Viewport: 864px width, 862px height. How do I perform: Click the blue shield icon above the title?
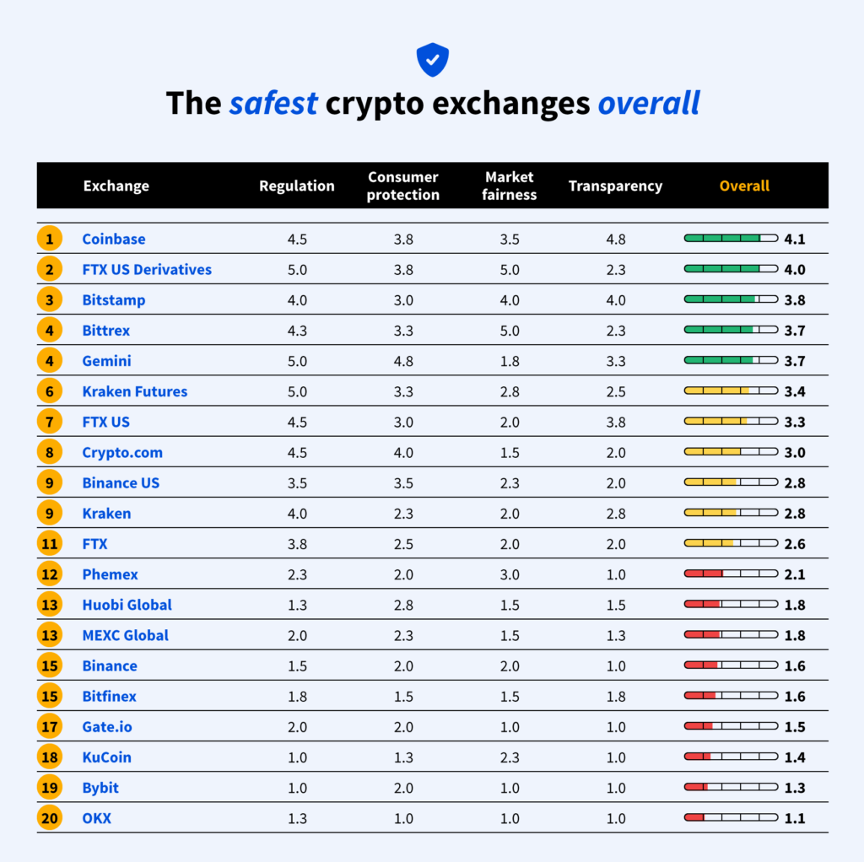coord(432,60)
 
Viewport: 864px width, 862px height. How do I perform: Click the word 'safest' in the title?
coord(273,103)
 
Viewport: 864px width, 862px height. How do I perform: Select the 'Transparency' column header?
coord(615,186)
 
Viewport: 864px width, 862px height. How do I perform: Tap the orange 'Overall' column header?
coord(744,186)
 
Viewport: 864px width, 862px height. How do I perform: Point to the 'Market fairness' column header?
coord(510,186)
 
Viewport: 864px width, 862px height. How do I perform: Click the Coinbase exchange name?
coord(114,240)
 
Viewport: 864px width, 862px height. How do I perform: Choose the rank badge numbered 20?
coord(50,818)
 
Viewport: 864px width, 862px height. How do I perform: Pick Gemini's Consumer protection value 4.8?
coord(403,361)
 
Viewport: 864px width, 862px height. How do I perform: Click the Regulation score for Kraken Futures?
coord(297,391)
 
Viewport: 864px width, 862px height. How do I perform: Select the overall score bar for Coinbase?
coord(731,239)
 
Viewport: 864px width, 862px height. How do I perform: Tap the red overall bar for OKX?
coord(731,817)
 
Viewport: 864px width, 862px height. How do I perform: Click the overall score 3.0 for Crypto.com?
coord(794,453)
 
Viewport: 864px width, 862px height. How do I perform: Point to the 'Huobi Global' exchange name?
coord(127,605)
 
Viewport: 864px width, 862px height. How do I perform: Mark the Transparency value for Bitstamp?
coord(615,300)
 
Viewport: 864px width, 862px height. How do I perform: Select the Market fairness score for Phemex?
coord(510,574)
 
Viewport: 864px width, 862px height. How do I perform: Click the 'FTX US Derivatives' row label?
coord(147,270)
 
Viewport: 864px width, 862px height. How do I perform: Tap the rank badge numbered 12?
coord(50,574)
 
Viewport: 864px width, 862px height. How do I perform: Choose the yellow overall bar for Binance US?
coord(731,482)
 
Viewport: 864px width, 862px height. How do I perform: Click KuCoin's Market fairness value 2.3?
coord(510,757)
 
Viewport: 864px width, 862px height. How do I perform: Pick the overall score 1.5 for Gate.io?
coord(794,727)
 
